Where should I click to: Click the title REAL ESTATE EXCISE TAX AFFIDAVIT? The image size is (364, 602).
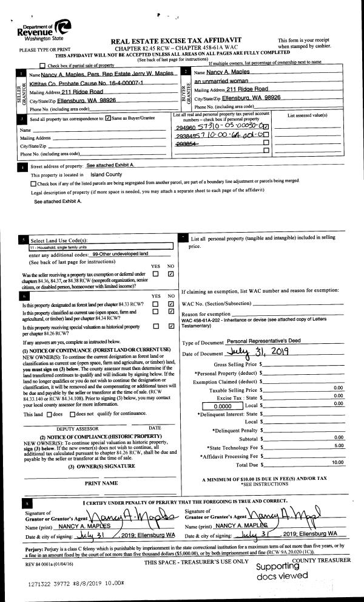[176, 40]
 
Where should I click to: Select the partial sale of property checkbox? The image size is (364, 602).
[42, 65]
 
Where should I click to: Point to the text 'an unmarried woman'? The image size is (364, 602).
[220, 81]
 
